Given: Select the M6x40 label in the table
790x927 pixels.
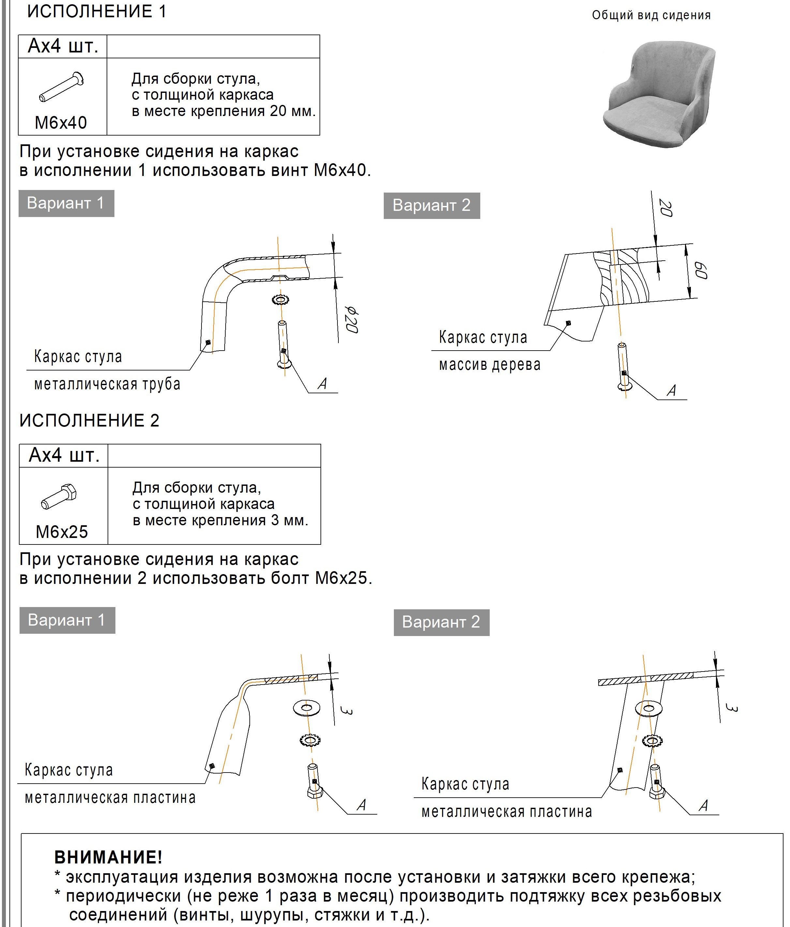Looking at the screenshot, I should tap(61, 123).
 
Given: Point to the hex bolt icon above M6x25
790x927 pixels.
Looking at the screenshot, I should tap(59, 496).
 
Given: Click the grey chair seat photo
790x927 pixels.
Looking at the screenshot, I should tap(658, 94).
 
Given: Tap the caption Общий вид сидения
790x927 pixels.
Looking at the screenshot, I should tap(651, 15).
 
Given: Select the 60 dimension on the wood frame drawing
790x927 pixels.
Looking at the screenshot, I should tap(700, 271).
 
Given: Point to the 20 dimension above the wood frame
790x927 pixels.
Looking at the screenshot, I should tap(665, 208).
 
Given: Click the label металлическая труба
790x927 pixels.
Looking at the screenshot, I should tap(107, 384).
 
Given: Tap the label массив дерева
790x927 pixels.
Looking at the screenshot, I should tap(490, 365).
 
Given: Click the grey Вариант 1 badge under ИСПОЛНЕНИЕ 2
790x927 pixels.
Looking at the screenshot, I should tap(67, 620).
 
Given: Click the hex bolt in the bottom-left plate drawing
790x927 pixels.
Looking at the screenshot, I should tap(315, 781).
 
